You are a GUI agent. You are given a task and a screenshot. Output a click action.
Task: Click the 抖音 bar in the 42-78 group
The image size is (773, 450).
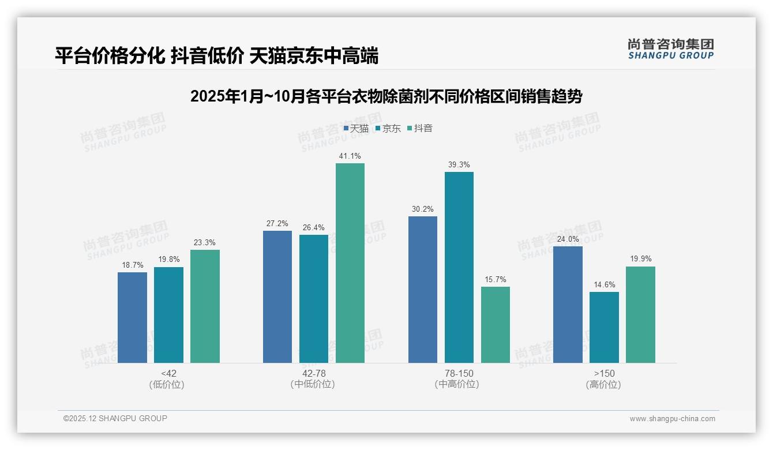coord(350,263)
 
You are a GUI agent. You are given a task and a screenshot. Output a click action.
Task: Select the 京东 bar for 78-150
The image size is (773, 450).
coord(459,267)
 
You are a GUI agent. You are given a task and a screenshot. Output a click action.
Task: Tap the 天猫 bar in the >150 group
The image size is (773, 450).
coord(568,305)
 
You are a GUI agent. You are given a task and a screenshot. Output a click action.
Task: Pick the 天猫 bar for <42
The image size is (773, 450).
coord(132,317)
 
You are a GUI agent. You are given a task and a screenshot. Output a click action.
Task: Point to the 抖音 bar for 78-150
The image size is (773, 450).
coord(496,325)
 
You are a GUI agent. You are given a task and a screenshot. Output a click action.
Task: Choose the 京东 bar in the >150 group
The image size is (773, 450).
coord(604,327)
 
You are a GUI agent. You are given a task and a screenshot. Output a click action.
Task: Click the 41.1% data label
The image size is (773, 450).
coord(350,156)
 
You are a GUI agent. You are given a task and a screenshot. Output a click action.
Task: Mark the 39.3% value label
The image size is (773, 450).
coord(459,165)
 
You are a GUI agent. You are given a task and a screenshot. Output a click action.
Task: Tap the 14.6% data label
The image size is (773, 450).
coord(604,284)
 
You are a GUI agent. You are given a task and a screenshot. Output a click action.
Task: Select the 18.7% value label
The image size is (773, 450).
coord(132,265)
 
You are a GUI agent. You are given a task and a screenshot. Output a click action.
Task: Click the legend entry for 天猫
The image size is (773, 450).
coord(356,129)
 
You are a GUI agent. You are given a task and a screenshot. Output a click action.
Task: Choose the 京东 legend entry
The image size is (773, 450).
coord(388,129)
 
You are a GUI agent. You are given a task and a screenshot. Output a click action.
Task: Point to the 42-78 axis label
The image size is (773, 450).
coord(314,373)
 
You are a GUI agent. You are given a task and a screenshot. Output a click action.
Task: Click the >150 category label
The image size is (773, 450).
coord(604,373)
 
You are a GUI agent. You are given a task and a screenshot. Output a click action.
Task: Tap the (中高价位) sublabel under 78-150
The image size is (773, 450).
coord(457,384)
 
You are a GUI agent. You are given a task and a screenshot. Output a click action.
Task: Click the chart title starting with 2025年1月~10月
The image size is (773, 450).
coord(386,96)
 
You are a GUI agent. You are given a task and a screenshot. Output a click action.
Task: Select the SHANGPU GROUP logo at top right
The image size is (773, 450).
coord(670,49)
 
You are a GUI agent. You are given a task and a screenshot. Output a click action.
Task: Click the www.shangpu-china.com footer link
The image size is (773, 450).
coord(672,419)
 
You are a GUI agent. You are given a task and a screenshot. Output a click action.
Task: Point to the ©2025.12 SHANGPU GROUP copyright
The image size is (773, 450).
coord(115,418)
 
